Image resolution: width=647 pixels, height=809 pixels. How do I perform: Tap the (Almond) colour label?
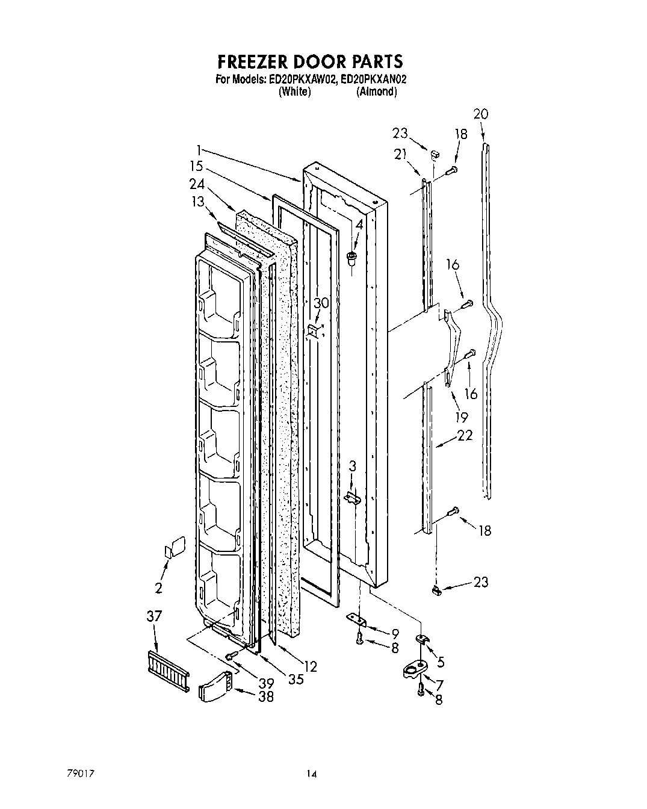pyautogui.click(x=376, y=92)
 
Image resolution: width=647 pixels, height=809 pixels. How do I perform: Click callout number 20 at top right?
pyautogui.click(x=481, y=114)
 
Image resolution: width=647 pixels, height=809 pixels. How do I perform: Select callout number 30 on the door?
pyautogui.click(x=321, y=303)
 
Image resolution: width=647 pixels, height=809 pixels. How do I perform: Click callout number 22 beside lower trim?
pyautogui.click(x=463, y=435)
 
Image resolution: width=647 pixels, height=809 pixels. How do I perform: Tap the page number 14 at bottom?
pyautogui.click(x=311, y=773)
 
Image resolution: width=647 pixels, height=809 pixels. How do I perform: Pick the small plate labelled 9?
pyautogui.click(x=357, y=620)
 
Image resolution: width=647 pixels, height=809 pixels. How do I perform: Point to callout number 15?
pyautogui.click(x=196, y=166)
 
